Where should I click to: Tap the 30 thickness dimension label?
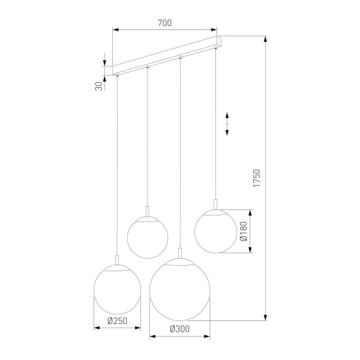click(x=98, y=86)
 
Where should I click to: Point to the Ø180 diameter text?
click(x=244, y=231)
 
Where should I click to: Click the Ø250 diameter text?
click(x=118, y=321)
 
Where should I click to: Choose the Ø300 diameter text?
click(x=179, y=329)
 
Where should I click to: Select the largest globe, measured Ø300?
click(x=179, y=289)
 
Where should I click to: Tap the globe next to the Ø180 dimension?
click(x=215, y=231)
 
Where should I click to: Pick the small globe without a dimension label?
click(x=148, y=237)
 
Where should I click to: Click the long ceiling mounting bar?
click(x=168, y=57)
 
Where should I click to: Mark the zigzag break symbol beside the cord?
click(x=227, y=124)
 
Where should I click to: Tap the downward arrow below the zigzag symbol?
click(x=227, y=133)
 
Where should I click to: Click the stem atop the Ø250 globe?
click(x=118, y=260)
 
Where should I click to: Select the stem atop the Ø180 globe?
click(x=215, y=204)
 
